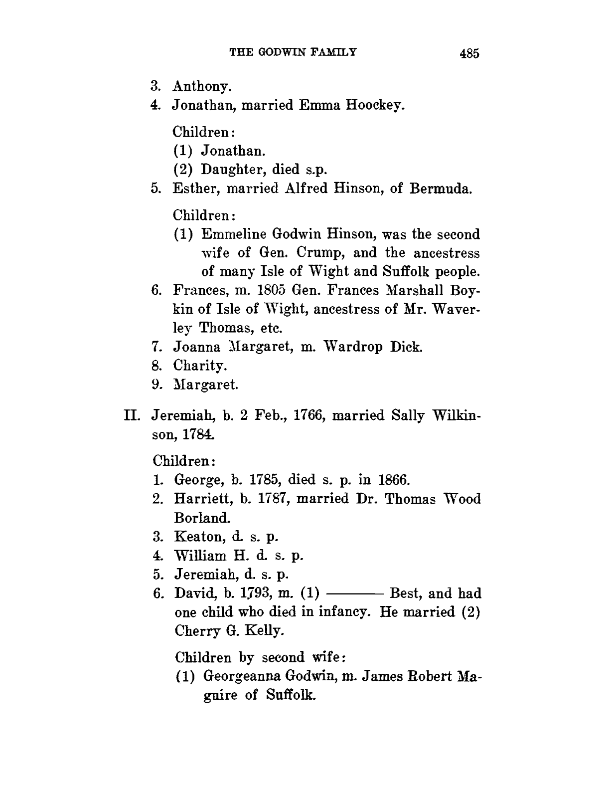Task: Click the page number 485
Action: [x=469, y=53]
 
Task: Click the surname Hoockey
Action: [x=376, y=106]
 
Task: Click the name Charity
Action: [x=200, y=366]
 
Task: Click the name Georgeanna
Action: [x=243, y=677]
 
